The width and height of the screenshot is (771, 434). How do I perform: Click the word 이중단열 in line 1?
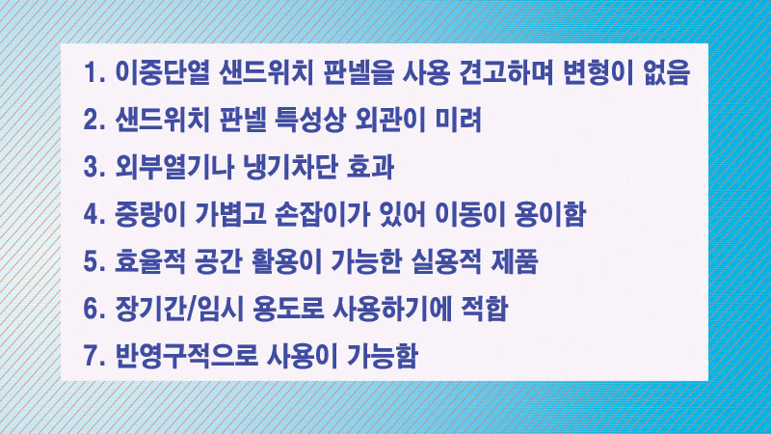162,72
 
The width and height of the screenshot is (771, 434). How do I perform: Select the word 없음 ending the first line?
666,72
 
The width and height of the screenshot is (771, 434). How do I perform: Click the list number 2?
93,120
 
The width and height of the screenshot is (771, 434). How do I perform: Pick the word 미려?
459,120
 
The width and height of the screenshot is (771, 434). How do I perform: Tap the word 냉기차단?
290,167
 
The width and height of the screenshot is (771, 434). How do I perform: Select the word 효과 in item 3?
370,167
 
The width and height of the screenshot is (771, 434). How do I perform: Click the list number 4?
93,214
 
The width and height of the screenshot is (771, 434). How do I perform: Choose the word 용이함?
549,214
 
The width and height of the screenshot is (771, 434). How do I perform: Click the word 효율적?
150,261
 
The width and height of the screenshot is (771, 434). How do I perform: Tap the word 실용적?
445,261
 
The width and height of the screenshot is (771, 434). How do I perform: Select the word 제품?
515,261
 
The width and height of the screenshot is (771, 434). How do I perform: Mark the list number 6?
93,309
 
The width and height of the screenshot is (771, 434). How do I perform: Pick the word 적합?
484,309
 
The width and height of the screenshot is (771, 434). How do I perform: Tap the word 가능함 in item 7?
383,356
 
